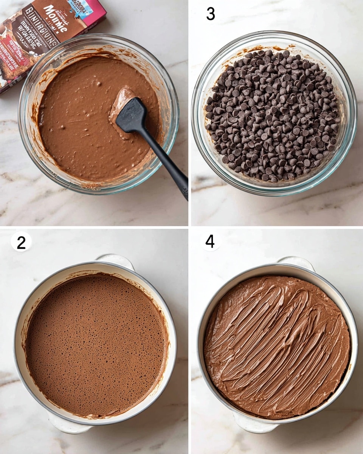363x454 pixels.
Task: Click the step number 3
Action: coord(211,14)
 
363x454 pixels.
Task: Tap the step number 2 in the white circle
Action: coord(21,242)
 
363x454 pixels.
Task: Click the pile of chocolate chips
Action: coord(272,115)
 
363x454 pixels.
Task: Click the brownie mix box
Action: coord(42,34)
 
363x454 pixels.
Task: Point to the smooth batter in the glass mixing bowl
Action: coord(76,125)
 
